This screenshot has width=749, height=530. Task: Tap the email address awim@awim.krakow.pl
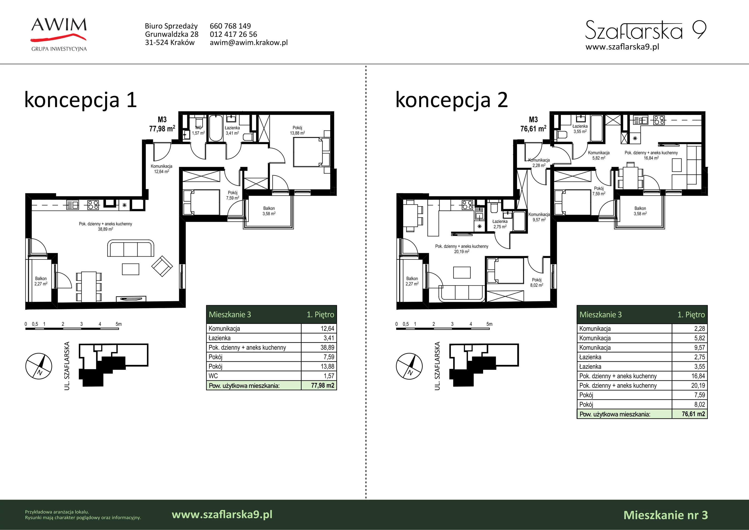click(x=249, y=42)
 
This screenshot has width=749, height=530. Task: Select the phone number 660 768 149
click(x=230, y=26)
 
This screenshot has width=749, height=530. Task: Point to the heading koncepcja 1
click(x=80, y=100)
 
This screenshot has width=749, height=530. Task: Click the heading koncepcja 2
click(x=452, y=100)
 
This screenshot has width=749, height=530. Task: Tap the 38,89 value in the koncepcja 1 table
click(x=327, y=348)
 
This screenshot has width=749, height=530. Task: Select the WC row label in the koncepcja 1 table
click(x=213, y=376)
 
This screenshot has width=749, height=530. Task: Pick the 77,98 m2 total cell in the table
click(x=322, y=385)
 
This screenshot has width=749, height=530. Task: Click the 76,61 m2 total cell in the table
click(x=693, y=414)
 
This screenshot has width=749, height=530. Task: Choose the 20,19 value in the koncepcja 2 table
click(x=698, y=385)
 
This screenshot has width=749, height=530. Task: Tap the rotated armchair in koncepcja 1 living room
click(x=162, y=266)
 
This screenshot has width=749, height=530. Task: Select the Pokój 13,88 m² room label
click(x=297, y=130)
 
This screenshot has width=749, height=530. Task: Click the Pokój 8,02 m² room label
click(x=537, y=282)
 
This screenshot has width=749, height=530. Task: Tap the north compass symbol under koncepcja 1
click(x=39, y=366)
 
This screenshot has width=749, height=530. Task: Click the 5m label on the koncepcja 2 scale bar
click(x=489, y=324)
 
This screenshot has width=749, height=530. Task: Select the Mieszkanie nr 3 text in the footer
click(x=665, y=515)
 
